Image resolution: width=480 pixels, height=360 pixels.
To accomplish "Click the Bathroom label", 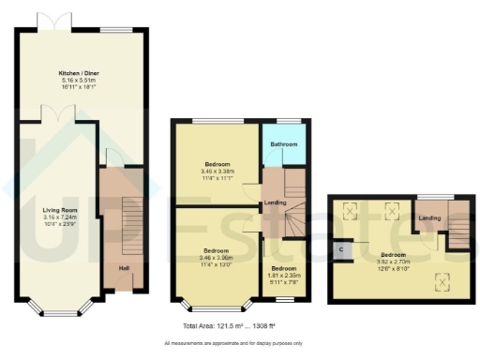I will coord(284,144).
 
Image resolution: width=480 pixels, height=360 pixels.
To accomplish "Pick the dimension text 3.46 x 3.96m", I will coord(217,257).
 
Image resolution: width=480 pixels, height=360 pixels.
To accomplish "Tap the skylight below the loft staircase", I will coord(442,277).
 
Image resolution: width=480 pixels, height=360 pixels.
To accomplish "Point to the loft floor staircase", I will coord(457,228).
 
